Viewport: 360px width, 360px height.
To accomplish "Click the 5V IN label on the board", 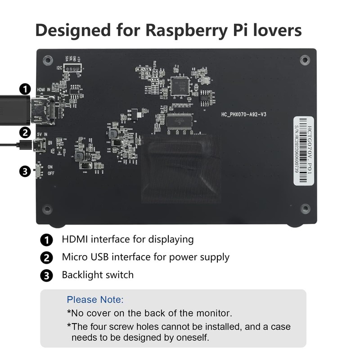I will tap(43, 134).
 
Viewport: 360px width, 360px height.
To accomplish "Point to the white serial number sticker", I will tap(303, 151).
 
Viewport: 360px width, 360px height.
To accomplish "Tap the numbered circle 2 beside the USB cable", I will tap(25, 133).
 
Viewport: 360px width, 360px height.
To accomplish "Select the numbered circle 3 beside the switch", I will tap(25, 171).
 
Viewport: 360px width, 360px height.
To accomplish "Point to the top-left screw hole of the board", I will tap(47, 59).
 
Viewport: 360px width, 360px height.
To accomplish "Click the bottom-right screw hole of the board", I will tap(305, 208).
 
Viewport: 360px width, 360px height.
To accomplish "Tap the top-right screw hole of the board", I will tap(305, 59).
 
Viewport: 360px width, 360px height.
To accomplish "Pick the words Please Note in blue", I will tap(95, 300).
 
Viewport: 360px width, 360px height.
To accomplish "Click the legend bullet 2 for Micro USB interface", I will tap(46, 258).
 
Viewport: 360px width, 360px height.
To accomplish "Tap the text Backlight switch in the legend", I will tap(98, 274).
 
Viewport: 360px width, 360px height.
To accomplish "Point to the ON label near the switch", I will tap(50, 167).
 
